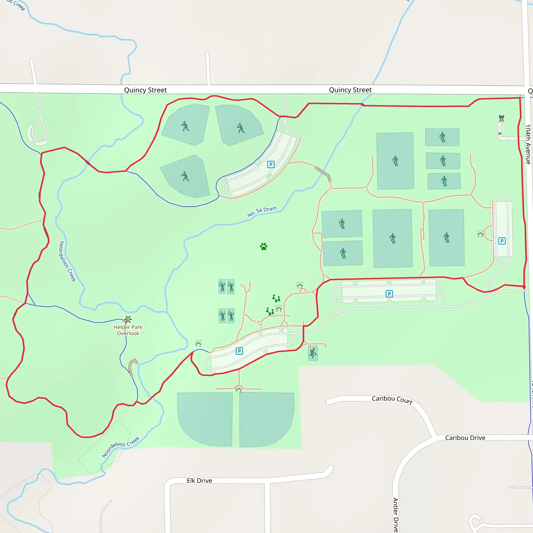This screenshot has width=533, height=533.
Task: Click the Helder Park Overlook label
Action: tap(128, 330)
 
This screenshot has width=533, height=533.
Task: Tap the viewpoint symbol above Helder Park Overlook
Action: tap(128, 320)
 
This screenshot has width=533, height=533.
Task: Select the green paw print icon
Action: tap(263, 246)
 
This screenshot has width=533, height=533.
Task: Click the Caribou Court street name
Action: tap(392, 399)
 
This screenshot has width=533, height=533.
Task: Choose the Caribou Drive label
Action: tap(465, 438)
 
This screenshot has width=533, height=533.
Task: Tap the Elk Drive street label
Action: tap(199, 481)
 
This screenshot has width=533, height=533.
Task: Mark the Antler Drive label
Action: tap(396, 515)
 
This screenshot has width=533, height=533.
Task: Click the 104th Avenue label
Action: tap(528, 144)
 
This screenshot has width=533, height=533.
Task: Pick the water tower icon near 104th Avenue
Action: tap(502, 118)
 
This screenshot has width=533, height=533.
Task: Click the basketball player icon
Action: tap(313, 353)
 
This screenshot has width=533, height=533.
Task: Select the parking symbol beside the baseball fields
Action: tap(271, 165)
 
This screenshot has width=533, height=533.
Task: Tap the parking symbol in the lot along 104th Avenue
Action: tap(502, 241)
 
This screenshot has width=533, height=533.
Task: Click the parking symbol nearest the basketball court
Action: tap(239, 351)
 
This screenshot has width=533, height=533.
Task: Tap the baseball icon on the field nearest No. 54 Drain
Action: tap(185, 176)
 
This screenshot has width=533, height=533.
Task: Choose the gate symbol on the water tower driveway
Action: tap(500, 134)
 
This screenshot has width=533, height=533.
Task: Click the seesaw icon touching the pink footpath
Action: tap(270, 312)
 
